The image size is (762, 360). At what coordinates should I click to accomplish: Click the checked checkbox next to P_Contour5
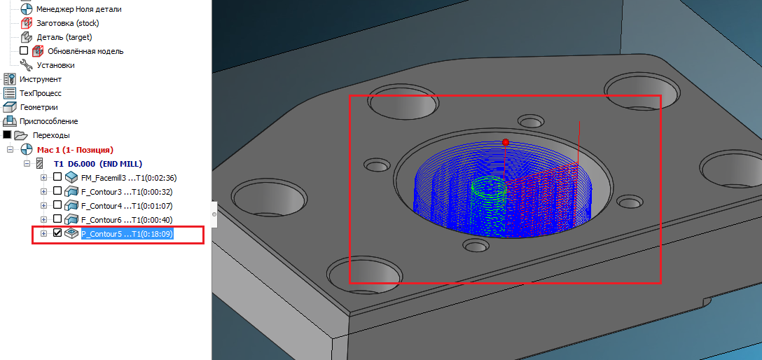57,233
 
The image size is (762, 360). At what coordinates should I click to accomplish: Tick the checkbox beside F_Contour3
57,191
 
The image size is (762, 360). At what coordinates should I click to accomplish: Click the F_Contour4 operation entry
127,205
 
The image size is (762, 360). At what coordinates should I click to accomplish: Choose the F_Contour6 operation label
127,220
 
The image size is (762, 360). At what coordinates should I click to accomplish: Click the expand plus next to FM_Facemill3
43,177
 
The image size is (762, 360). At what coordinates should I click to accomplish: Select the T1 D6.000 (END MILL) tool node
97,164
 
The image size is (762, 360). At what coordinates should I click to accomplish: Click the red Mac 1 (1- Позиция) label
75,149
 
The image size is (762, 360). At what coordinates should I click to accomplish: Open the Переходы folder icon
20,135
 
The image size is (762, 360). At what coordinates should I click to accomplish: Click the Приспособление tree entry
48,121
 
